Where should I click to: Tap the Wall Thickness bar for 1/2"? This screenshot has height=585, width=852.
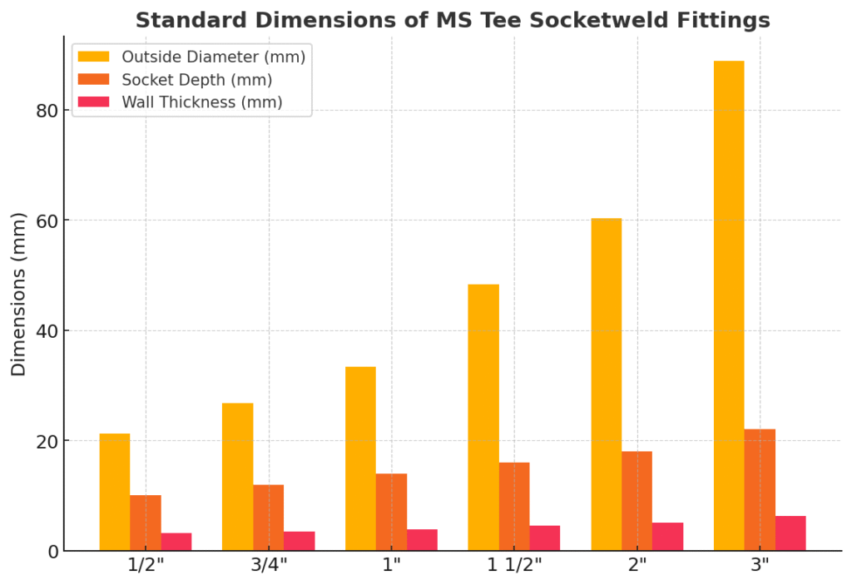click(176, 542)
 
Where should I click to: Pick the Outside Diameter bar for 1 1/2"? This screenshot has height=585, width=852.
click(483, 417)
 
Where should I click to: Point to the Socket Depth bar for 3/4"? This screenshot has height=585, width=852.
click(268, 518)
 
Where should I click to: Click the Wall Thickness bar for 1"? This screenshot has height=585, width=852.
click(422, 540)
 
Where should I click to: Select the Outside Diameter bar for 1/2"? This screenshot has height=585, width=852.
click(115, 492)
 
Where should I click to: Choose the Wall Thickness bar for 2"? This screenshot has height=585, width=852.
click(667, 537)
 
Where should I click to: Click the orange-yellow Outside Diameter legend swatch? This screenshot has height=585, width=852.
click(93, 57)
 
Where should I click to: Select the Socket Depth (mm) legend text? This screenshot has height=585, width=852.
click(196, 80)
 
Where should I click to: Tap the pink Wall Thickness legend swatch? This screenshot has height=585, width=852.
click(93, 102)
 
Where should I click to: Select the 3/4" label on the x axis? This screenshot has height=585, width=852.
click(269, 565)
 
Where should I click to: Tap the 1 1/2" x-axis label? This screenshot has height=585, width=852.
click(514, 565)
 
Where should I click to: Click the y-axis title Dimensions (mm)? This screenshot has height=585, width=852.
click(19, 294)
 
